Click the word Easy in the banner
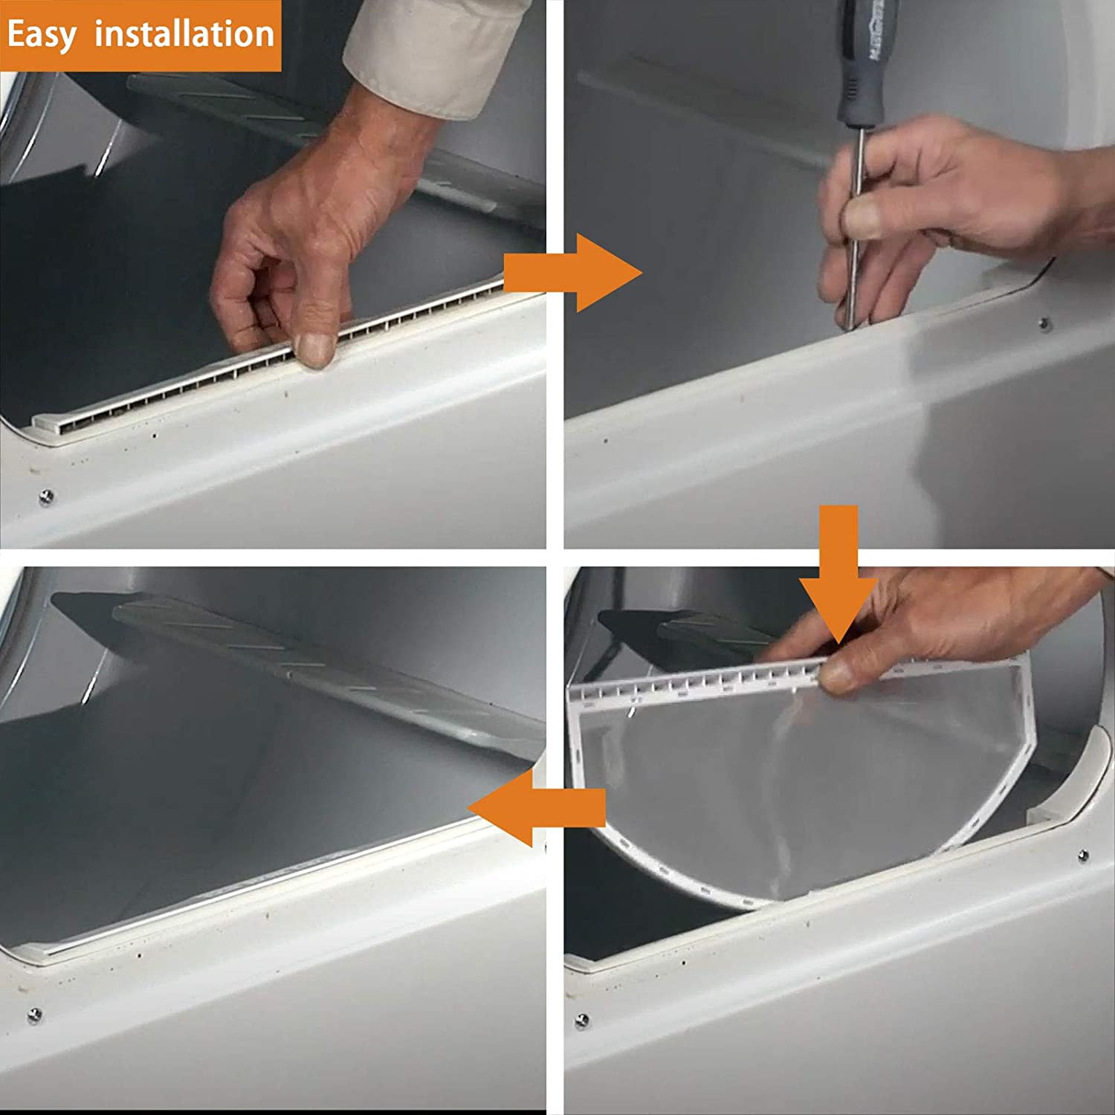(42, 36)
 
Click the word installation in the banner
(184, 34)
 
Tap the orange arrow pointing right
(572, 273)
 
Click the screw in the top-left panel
(46, 495)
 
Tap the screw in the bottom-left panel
(34, 1014)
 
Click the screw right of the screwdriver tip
(1044, 323)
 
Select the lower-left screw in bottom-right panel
(582, 1020)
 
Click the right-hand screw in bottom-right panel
(1083, 856)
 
